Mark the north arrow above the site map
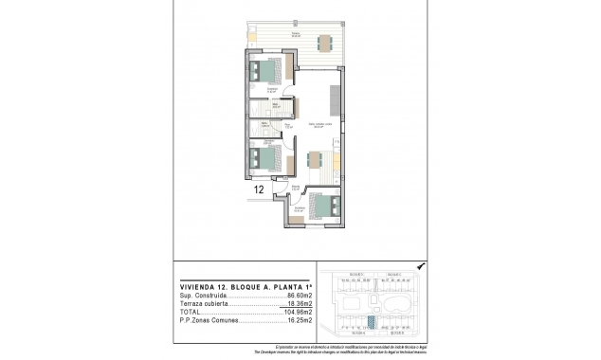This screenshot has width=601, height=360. pyautogui.click(x=421, y=267)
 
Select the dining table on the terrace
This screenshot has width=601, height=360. pyautogui.click(x=324, y=42)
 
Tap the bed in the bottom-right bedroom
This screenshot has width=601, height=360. pyautogui.click(x=321, y=206)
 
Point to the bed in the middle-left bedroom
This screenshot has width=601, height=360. pyautogui.click(x=267, y=157)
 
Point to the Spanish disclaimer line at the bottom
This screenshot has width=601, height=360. pyautogui.click(x=348, y=346)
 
